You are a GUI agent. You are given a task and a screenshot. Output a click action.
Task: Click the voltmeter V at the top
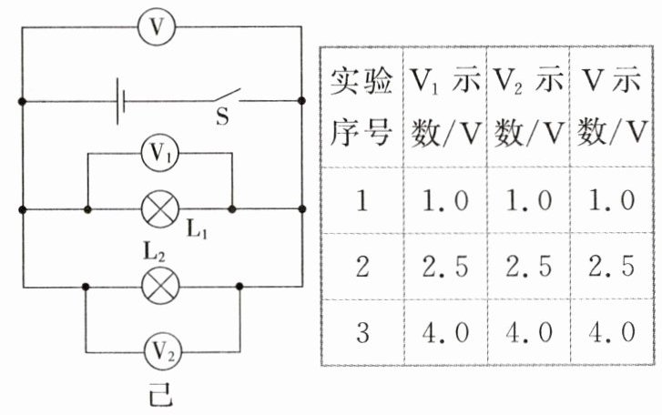[157, 27]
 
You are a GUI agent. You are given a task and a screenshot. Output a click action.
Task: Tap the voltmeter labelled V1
[159, 153]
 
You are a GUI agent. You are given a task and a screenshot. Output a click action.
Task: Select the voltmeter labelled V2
[163, 351]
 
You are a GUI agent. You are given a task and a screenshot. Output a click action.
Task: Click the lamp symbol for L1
[159, 209]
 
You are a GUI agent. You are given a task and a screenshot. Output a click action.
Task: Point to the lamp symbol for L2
[160, 287]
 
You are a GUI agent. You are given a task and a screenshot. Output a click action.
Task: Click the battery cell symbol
[121, 101]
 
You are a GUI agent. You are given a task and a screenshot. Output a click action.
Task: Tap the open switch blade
[227, 95]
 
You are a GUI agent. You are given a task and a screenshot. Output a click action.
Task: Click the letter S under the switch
[222, 116]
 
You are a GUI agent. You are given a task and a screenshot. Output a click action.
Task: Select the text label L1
[197, 230]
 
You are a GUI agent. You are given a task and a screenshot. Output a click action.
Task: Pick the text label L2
[154, 252]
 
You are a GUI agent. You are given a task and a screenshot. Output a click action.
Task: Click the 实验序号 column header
[361, 106]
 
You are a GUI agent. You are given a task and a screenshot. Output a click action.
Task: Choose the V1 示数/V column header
[445, 106]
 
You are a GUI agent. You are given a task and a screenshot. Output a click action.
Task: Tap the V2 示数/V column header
[528, 106]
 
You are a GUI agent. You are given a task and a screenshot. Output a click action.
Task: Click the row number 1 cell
[362, 200]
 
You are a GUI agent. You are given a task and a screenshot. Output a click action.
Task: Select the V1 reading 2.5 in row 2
[445, 267]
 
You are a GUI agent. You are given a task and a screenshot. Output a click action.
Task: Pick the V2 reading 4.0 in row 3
[528, 332]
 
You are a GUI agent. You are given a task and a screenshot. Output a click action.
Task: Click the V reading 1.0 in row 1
[612, 200]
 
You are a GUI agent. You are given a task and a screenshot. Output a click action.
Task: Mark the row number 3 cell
[362, 332]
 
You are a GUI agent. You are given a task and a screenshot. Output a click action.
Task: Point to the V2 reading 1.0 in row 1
[528, 200]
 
